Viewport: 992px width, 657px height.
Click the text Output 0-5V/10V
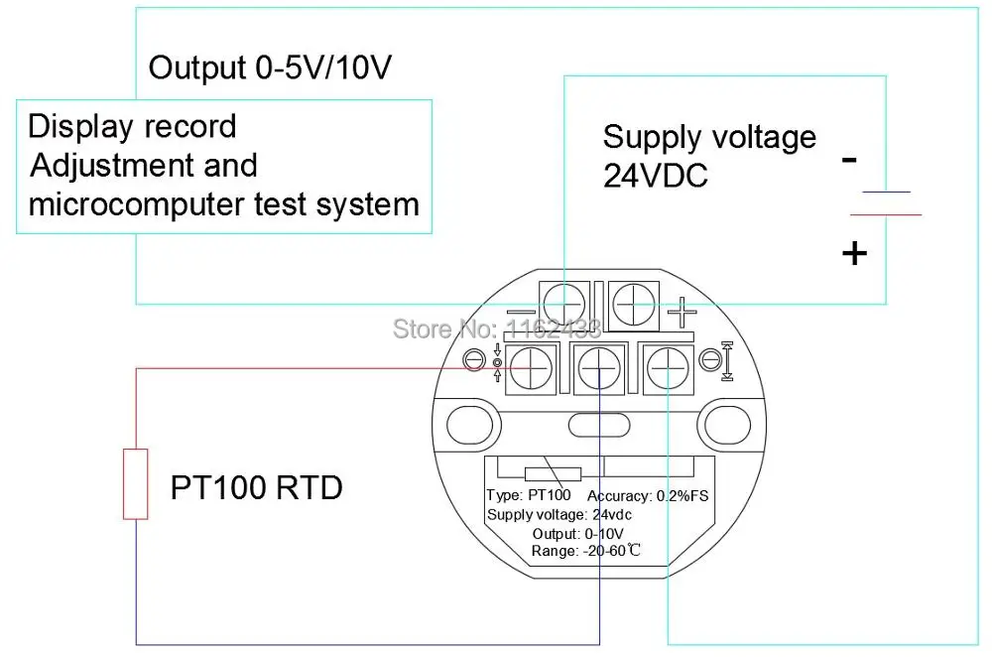[270, 68]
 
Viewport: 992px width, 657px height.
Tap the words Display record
[132, 127]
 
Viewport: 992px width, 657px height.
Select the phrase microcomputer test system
[224, 204]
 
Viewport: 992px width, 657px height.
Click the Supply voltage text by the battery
[709, 138]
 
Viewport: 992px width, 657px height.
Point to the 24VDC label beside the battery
[656, 176]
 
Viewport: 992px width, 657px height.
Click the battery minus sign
[850, 160]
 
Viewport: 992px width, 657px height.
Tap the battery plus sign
[854, 254]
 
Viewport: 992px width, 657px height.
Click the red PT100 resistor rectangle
[135, 484]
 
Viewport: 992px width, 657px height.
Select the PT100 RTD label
[256, 488]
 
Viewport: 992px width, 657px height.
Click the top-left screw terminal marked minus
[564, 304]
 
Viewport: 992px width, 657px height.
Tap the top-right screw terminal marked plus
[633, 305]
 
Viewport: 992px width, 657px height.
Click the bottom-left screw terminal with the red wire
[531, 368]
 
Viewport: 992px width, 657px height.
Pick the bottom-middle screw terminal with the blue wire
[599, 368]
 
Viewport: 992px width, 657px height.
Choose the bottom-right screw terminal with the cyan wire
[668, 368]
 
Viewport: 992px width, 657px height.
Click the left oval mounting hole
[469, 425]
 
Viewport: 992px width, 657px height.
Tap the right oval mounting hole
[727, 425]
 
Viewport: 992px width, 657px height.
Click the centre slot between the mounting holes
[599, 426]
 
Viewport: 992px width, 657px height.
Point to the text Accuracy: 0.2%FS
[648, 496]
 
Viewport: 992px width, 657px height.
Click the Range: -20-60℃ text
[586, 551]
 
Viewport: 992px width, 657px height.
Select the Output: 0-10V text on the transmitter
[577, 534]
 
